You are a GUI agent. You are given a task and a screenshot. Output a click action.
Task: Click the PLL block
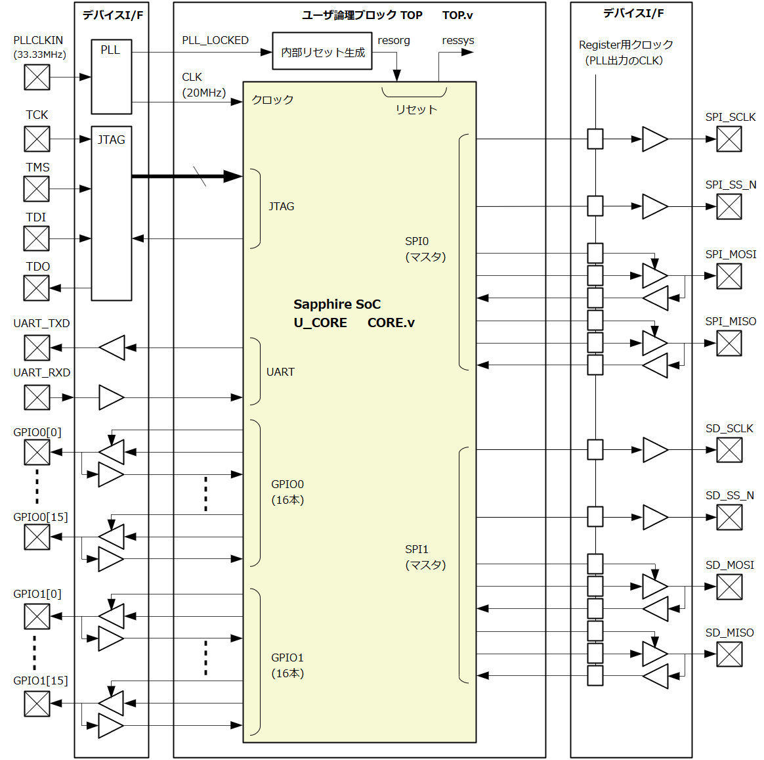111,77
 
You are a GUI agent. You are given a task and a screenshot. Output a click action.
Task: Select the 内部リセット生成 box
322,51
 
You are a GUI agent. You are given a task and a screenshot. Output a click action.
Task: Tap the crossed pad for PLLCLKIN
37,77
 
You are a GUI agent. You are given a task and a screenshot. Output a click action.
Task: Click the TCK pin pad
37,139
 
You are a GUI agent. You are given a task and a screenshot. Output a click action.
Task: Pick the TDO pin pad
37,288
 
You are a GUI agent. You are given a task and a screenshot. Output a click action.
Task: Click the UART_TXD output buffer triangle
112,347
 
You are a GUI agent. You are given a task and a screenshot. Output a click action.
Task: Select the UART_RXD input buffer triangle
111,397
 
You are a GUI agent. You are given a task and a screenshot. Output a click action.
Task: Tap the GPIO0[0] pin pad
37,452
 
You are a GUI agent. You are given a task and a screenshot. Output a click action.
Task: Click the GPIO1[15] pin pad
37,704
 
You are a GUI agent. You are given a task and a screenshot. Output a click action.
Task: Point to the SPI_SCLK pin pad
729,139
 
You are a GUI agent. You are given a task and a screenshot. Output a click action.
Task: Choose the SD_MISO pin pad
729,654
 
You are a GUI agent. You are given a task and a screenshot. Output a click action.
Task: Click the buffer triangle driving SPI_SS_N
654,206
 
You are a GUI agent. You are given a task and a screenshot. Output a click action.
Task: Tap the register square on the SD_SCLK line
595,450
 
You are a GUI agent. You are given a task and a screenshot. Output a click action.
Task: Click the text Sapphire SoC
337,304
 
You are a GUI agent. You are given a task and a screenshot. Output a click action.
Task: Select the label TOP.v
457,15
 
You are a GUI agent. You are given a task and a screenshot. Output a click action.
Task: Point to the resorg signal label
394,40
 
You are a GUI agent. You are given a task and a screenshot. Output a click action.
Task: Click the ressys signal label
458,40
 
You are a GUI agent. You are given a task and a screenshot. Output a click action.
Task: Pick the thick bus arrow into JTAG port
187,176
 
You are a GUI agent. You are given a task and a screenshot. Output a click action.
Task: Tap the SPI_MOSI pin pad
729,276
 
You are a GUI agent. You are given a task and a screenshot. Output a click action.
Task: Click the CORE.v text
391,323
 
